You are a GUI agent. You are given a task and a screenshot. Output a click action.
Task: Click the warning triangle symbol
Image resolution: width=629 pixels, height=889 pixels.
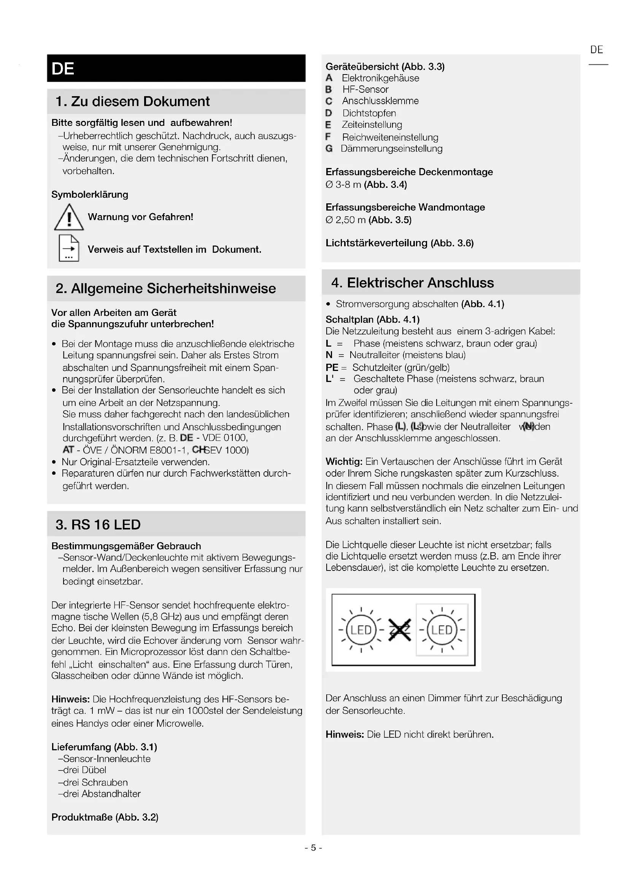point(69,218)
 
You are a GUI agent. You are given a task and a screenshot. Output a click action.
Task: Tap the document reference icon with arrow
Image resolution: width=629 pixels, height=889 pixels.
point(69,248)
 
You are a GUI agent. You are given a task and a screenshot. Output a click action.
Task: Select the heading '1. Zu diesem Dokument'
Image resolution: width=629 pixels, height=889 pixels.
point(132,101)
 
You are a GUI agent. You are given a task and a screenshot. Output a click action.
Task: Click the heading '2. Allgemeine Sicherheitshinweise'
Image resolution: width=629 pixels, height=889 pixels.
point(166,288)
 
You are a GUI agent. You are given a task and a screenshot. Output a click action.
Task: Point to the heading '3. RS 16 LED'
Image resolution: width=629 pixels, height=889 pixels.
point(98,525)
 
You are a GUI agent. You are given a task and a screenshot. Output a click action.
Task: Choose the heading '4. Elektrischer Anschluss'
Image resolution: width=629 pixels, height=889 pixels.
point(413,283)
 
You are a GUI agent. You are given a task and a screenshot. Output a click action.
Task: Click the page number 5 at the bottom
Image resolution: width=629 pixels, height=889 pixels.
point(313,848)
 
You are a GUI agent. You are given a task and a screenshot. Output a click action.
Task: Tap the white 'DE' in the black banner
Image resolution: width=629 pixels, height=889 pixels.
point(63,69)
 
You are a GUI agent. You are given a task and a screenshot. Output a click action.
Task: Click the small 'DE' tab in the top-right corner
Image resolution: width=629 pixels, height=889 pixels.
point(596,50)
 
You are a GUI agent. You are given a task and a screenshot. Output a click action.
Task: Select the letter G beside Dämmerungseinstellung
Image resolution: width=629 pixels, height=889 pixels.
point(329,149)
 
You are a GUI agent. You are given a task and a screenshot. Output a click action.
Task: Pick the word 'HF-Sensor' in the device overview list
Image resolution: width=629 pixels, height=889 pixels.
point(365,89)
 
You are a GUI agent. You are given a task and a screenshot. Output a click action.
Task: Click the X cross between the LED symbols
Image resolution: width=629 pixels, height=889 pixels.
point(399,630)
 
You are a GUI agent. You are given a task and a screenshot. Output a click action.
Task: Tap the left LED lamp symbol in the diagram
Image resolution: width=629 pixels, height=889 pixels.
point(361,630)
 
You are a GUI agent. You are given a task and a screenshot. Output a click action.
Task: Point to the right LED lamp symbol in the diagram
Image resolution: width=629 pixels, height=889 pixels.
point(442,630)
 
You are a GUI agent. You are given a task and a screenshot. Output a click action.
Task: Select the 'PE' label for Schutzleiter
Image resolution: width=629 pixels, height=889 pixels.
point(332,368)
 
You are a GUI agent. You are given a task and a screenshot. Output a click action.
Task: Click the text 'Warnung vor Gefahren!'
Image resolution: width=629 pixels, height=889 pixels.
point(141,217)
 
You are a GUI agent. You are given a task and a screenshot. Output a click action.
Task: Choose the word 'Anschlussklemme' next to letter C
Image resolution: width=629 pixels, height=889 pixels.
point(380,101)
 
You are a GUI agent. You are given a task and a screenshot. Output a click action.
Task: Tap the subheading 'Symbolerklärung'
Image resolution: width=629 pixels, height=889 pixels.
point(90,194)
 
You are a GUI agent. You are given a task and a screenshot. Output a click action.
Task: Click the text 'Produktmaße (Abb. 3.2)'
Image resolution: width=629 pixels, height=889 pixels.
point(105,817)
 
